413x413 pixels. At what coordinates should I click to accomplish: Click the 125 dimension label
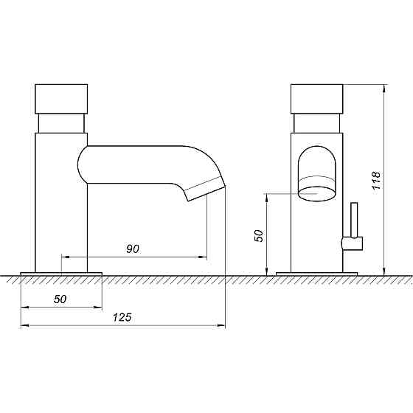coord(122,317)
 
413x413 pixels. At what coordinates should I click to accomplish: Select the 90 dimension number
coord(133,249)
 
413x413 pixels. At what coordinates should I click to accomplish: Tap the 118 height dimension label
coord(376,181)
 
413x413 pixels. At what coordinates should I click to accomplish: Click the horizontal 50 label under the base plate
coord(60,299)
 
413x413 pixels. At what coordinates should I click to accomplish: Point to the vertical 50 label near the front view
coord(259,236)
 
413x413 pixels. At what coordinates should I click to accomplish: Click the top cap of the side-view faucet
coord(61,99)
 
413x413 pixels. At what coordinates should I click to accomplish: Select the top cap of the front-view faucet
coord(317,99)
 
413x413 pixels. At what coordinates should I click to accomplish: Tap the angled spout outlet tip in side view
coord(205,189)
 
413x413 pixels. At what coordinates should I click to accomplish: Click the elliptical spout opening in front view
coord(317,194)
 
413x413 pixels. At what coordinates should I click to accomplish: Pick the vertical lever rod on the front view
coord(354,220)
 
